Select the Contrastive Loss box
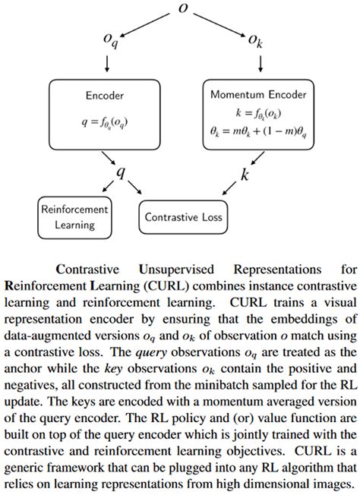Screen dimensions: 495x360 (x=184, y=217)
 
